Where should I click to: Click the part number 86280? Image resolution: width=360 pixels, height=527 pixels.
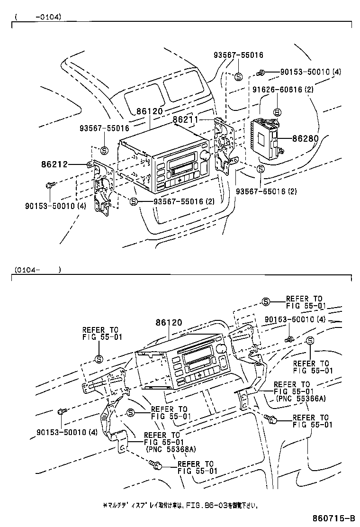click(305, 139)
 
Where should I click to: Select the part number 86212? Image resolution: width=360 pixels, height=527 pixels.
click(54, 164)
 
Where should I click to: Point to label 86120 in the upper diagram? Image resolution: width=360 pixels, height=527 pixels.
click(150, 111)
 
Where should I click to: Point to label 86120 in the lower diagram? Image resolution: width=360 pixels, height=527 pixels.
click(168, 323)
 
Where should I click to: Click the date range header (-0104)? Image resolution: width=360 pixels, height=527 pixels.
click(38, 17)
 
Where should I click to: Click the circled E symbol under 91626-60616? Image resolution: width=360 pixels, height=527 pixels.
click(277, 112)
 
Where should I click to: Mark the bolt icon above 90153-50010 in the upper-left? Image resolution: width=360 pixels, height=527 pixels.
click(50, 184)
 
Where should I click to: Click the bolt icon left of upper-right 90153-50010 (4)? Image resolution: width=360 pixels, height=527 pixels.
click(261, 73)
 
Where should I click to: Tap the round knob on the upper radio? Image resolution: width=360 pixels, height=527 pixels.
click(205, 155)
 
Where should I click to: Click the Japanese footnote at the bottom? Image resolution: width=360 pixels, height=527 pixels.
click(180, 505)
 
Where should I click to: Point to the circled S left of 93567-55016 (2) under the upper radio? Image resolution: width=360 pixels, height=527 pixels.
click(134, 201)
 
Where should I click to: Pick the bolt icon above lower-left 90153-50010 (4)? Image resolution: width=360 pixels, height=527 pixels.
click(61, 411)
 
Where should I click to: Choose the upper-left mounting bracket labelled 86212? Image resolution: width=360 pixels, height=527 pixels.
click(102, 185)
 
